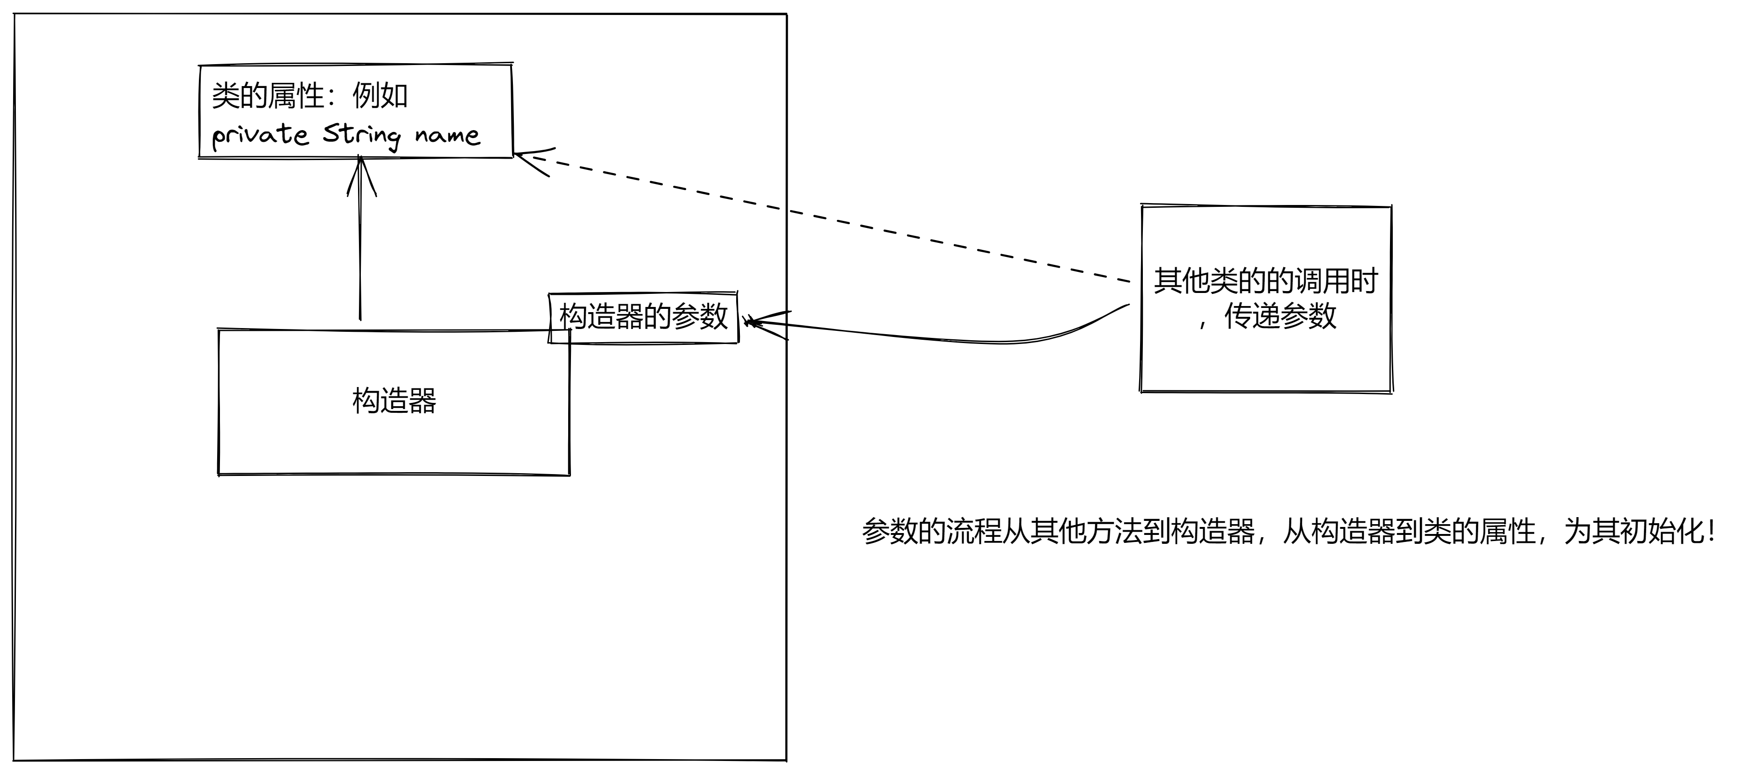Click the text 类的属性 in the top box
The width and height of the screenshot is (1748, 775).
click(x=268, y=95)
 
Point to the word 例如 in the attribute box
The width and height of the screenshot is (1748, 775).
click(x=380, y=95)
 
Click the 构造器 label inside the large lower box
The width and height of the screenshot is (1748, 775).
click(x=394, y=401)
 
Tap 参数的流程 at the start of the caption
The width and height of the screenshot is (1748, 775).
click(x=932, y=531)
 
